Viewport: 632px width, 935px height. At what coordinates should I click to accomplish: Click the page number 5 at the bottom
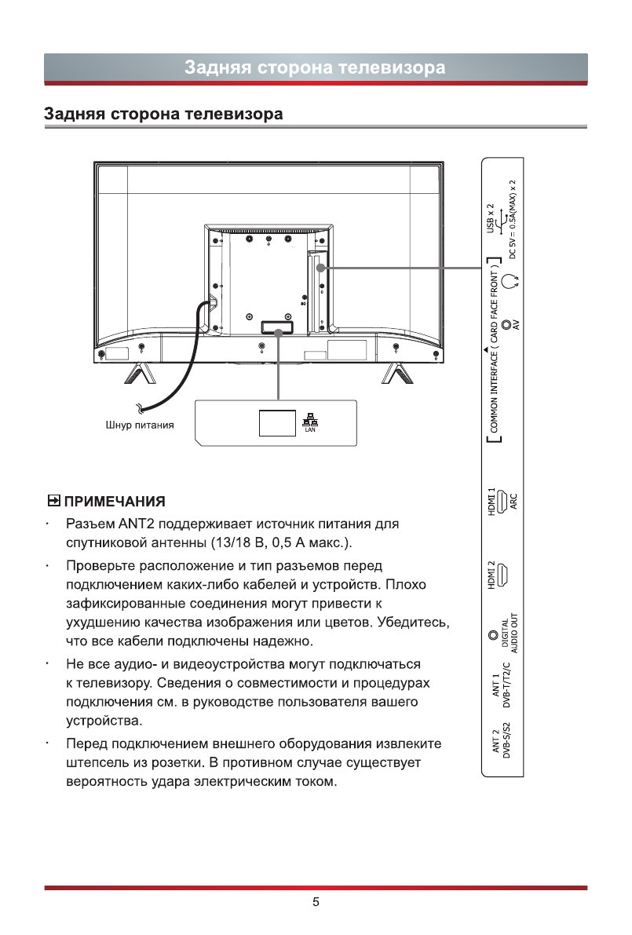click(x=316, y=902)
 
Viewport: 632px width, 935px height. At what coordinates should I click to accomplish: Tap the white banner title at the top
click(x=315, y=68)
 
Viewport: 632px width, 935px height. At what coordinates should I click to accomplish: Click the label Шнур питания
click(x=140, y=425)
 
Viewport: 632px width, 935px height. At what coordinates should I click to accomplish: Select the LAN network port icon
click(x=310, y=421)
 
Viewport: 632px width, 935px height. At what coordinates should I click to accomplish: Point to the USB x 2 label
click(x=491, y=217)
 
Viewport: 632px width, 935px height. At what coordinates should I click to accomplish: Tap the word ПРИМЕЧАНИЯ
click(x=115, y=501)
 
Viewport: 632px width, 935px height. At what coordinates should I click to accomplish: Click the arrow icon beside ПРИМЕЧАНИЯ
click(x=53, y=500)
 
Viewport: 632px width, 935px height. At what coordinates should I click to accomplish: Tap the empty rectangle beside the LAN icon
click(x=276, y=422)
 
